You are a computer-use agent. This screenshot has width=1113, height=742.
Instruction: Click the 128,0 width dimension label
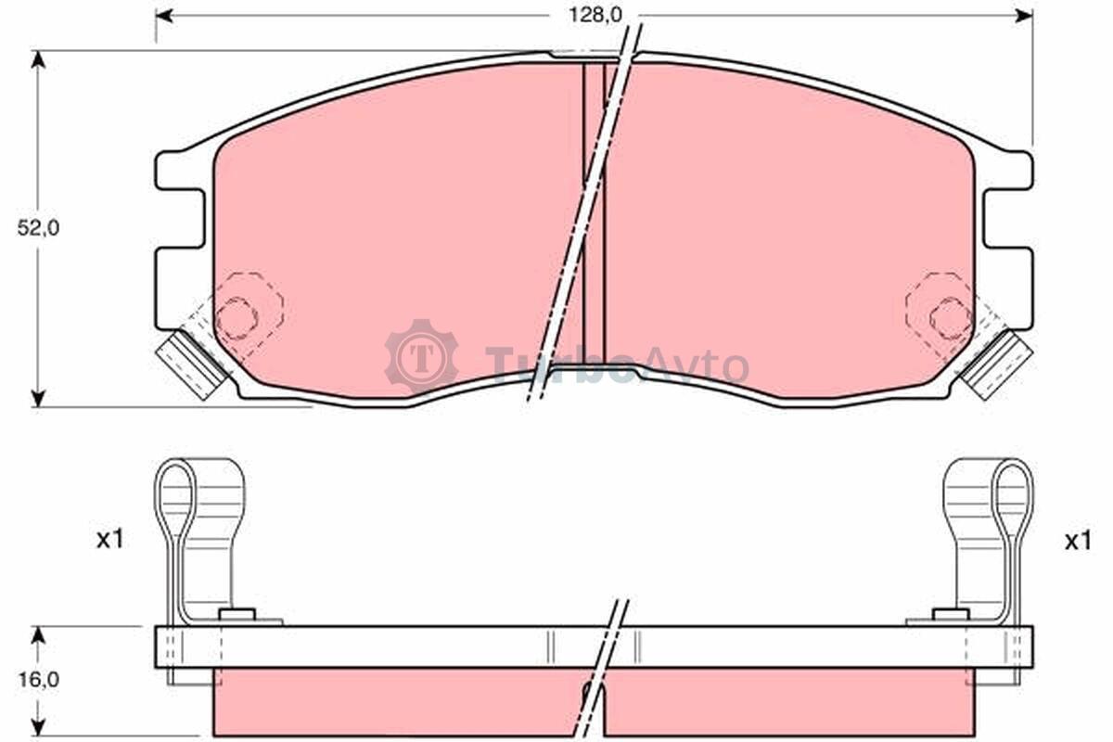tap(595, 16)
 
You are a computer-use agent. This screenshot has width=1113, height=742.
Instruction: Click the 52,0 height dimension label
tap(38, 228)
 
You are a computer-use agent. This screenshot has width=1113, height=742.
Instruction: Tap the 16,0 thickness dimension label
tap(38, 680)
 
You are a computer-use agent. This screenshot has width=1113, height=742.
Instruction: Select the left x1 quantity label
tap(109, 540)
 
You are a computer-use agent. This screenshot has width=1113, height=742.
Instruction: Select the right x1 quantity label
tap(1078, 541)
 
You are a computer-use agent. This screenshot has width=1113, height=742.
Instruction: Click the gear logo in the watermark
tap(422, 357)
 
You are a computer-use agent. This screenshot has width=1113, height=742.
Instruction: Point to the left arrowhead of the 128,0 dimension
tap(164, 16)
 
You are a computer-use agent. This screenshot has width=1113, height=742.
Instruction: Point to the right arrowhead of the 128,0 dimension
tap(1025, 16)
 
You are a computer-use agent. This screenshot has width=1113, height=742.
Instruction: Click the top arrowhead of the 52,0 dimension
tap(38, 59)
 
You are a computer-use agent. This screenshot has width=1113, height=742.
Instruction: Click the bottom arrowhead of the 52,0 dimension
tap(38, 398)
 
